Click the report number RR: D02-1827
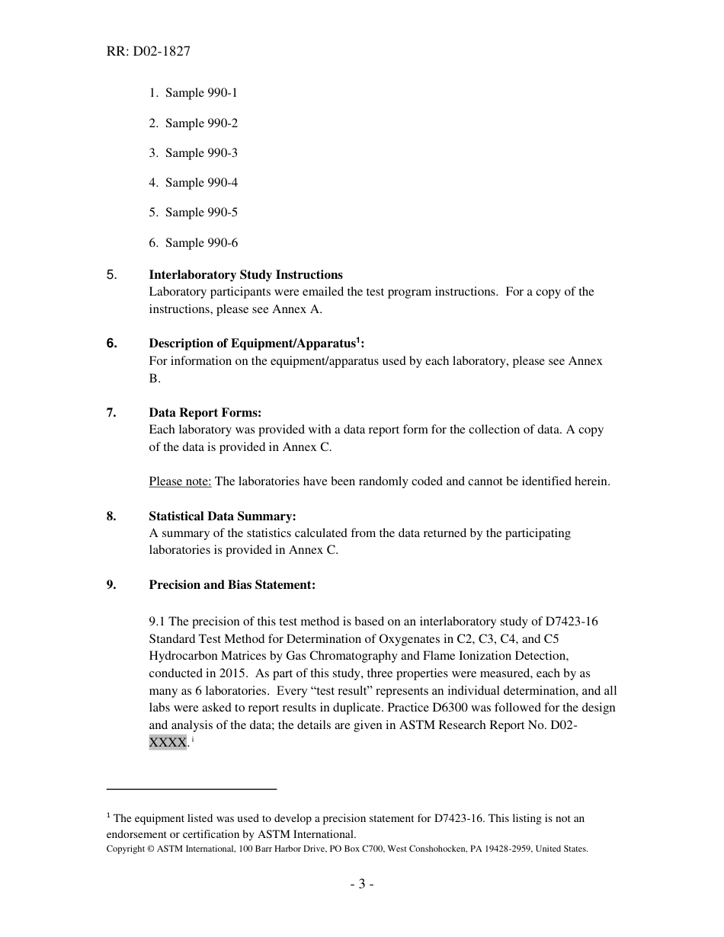pos(148,52)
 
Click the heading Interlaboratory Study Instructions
pos(245,275)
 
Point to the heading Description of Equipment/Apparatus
pos(252,344)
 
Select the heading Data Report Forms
pos(205,413)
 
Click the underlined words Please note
pos(180,481)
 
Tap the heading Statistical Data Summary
pos(223,516)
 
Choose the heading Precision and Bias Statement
pos(232,585)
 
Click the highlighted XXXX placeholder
pos(168,743)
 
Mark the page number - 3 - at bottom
pos(361,884)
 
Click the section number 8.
pos(111,516)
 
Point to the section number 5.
pos(111,275)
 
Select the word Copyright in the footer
pos(125,849)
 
